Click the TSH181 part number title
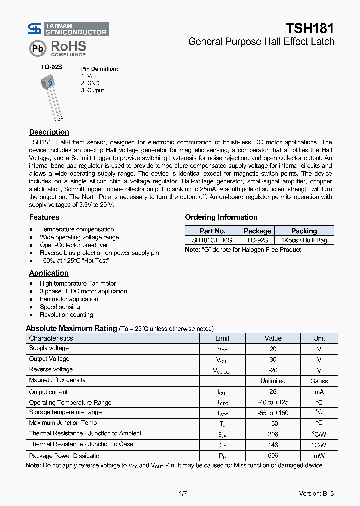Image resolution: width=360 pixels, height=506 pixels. [x=309, y=28]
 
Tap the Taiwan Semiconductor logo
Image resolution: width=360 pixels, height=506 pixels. [x=68, y=29]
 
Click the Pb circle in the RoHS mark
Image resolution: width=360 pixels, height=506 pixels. [x=37, y=48]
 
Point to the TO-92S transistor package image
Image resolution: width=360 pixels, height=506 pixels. [x=50, y=95]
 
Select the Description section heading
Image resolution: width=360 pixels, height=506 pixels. [x=49, y=132]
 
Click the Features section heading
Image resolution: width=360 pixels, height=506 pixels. [x=44, y=217]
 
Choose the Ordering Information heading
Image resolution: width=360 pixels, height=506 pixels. [x=221, y=217]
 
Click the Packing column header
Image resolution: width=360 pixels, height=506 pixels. [x=304, y=231]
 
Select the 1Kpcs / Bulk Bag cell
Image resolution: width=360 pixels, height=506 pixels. [x=304, y=240]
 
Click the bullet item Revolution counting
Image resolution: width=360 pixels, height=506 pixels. [x=66, y=315]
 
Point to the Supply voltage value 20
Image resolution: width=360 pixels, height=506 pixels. [x=273, y=349]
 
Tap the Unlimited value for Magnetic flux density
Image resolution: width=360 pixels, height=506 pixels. [x=273, y=381]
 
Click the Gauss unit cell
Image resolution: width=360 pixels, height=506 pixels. [x=319, y=381]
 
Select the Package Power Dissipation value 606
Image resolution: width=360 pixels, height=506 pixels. [x=273, y=456]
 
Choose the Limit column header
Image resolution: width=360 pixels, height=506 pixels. [x=222, y=338]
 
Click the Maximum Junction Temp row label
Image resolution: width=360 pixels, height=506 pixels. [x=63, y=423]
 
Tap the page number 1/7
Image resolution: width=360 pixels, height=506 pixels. [x=183, y=493]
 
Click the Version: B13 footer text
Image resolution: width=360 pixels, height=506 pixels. [x=316, y=493]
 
